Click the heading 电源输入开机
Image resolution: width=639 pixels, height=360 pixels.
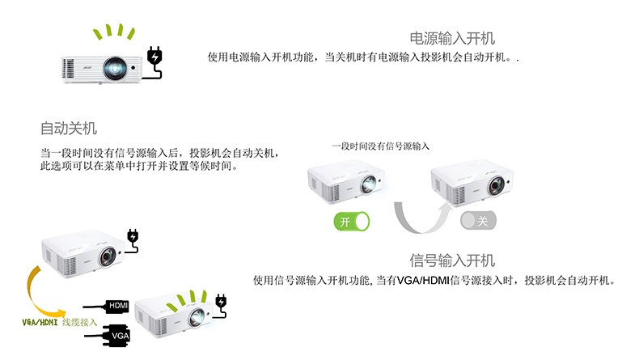452,38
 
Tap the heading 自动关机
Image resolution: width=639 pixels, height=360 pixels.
69,128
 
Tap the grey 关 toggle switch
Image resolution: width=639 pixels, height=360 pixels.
477,221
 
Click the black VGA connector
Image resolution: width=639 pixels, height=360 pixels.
116,334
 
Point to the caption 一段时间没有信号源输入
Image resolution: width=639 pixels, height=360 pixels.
380,146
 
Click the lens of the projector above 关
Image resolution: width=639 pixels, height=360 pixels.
494,186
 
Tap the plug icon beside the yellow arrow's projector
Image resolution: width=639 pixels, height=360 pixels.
133,238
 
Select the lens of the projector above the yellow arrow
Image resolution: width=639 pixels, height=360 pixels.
107,259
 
